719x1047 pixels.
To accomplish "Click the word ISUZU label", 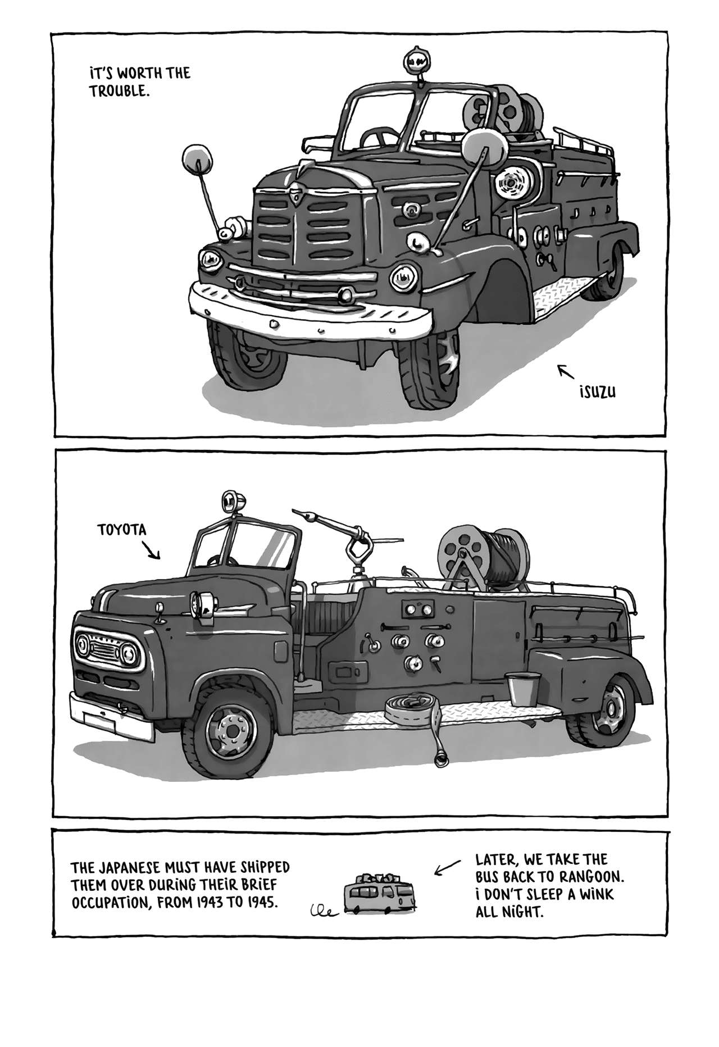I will pos(597,392).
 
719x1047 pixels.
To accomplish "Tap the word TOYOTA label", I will pos(122,530).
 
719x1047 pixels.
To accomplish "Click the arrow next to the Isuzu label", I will pos(566,370).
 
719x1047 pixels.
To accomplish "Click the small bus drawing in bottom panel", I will pos(380,894).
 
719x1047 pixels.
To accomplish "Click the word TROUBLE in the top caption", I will pos(119,91).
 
